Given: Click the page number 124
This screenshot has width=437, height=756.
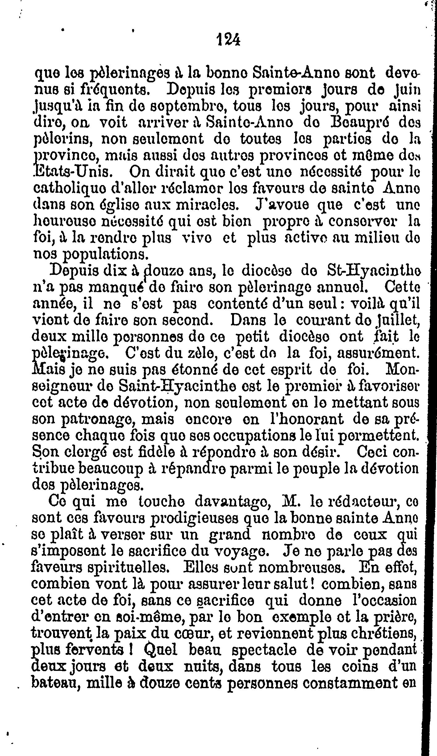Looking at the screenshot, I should point(229,40).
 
